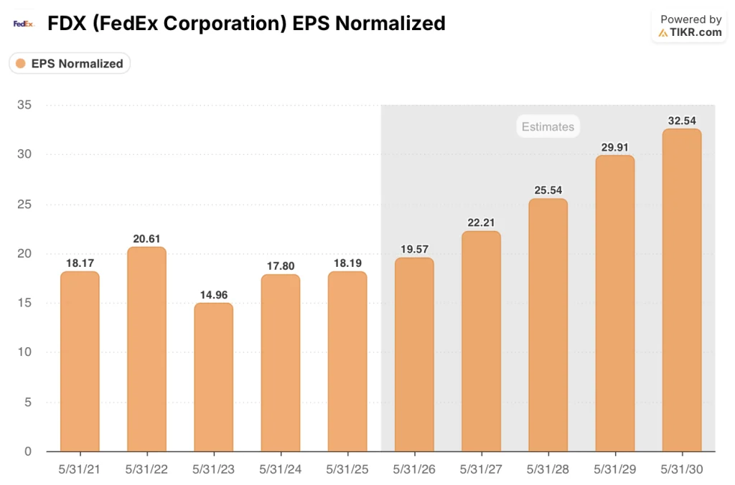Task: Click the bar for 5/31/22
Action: click(146, 349)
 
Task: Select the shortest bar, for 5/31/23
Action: click(213, 377)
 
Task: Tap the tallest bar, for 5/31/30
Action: click(681, 291)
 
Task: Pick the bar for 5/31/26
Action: click(414, 354)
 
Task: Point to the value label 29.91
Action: click(614, 146)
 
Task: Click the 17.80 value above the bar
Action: click(280, 265)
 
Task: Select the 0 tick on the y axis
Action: click(27, 451)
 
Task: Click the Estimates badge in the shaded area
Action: click(548, 127)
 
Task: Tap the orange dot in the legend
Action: click(20, 63)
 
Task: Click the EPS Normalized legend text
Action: click(77, 63)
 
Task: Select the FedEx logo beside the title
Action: click(24, 24)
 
